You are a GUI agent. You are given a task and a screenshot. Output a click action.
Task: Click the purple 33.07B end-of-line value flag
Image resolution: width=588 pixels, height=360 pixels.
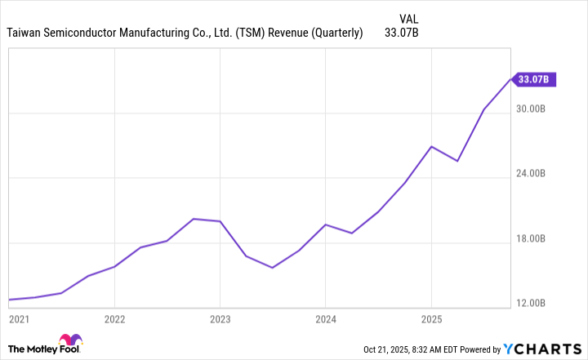tap(537, 79)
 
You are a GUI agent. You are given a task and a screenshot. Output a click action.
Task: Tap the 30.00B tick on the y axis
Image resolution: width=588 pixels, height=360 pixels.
tap(540, 109)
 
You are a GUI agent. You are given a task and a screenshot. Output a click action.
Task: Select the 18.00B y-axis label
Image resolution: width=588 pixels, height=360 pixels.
tap(540, 240)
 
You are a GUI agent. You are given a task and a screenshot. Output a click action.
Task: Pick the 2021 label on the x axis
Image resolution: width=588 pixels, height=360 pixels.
tap(19, 318)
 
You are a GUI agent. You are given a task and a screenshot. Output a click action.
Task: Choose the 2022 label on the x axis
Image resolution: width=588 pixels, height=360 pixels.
tap(114, 318)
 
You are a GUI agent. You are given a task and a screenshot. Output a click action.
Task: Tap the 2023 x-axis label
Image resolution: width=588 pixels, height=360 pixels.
tap(220, 318)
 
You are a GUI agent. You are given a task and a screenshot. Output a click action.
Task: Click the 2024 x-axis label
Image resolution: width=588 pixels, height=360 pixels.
tap(325, 318)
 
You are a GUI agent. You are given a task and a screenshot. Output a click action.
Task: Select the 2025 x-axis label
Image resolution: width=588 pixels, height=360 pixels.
tap(431, 318)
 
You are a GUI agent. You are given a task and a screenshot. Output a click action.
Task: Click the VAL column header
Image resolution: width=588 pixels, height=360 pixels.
tap(411, 17)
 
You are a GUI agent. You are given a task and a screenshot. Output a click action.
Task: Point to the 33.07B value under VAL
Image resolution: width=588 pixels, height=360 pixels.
tap(402, 33)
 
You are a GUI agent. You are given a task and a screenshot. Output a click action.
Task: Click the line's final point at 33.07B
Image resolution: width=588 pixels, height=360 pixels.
tap(511, 79)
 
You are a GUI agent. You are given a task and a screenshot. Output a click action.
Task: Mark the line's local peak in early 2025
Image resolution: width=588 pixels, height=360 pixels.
tap(431, 146)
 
